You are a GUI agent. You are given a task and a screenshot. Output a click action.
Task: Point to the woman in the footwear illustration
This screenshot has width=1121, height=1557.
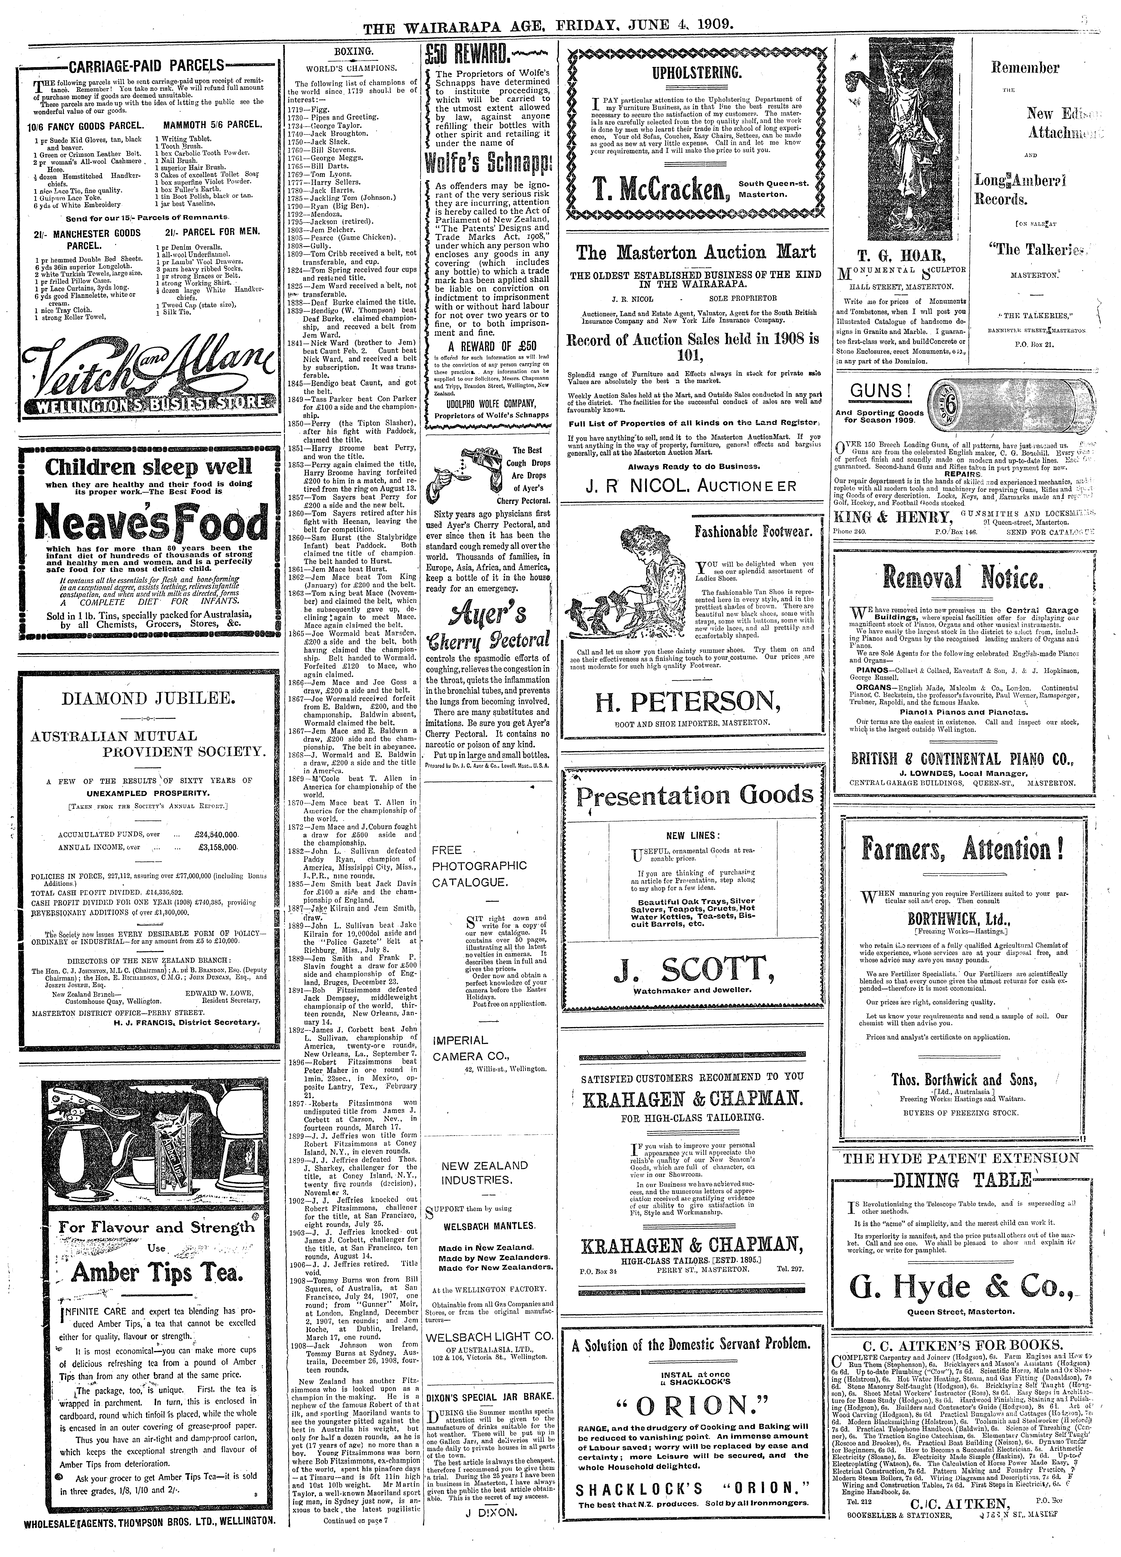coord(608,573)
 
